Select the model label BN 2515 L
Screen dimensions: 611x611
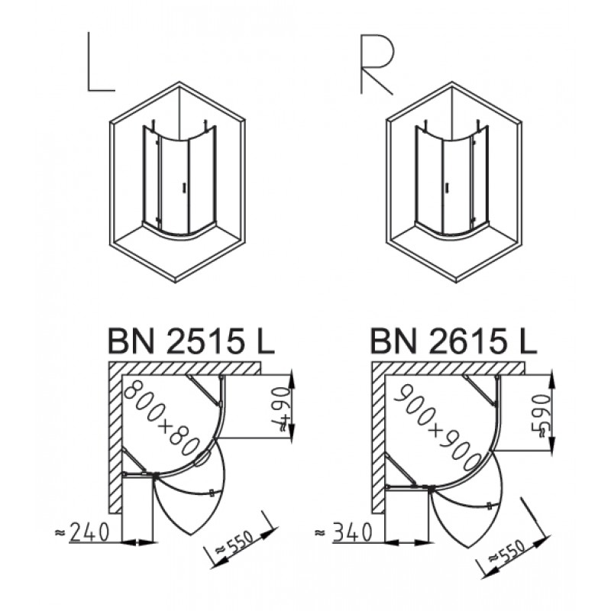[x=191, y=341]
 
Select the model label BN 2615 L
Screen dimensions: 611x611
[x=454, y=341]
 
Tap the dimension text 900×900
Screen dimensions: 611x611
[x=436, y=428]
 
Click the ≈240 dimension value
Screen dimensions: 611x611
[x=82, y=532]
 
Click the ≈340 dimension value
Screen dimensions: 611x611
[x=343, y=532]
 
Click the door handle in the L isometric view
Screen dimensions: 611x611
[x=183, y=188]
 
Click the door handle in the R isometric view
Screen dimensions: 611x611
[x=448, y=188]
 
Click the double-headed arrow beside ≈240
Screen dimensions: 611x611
[x=137, y=542]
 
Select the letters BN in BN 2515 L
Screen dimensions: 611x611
[x=131, y=341]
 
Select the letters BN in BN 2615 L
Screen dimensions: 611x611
[x=393, y=341]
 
